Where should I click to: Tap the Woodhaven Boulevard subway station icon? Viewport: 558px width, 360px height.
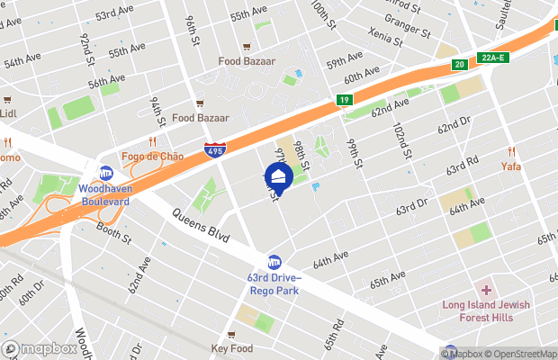(x=106, y=173)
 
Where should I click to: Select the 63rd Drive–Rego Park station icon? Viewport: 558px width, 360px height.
(x=274, y=262)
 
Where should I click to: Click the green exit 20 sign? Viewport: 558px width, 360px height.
(x=459, y=63)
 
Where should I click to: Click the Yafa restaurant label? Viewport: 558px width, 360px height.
(x=511, y=166)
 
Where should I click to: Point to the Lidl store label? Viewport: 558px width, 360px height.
(x=8, y=113)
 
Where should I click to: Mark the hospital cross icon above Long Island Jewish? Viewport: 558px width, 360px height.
(x=486, y=290)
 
